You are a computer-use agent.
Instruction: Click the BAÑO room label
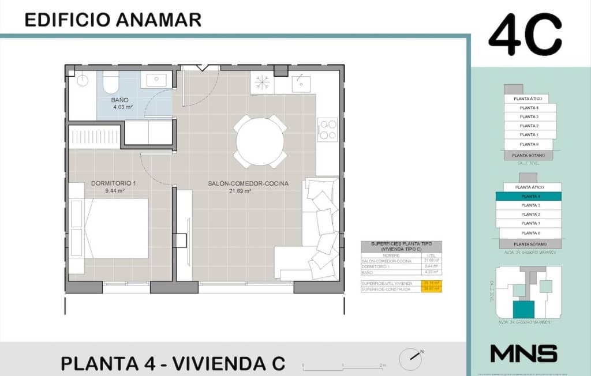click(120, 100)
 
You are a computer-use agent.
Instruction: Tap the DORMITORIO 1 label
click(113, 184)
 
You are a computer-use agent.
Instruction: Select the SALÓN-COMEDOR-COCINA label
click(248, 184)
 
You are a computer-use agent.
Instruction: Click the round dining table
click(260, 142)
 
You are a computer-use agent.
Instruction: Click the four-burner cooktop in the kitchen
click(328, 129)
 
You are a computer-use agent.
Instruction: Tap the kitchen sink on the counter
click(301, 84)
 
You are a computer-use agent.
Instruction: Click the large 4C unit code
click(525, 36)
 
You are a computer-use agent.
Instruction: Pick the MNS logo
click(523, 353)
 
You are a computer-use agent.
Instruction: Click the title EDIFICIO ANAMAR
click(113, 20)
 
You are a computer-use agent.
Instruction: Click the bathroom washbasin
click(156, 80)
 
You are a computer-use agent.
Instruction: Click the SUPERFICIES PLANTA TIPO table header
click(401, 246)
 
